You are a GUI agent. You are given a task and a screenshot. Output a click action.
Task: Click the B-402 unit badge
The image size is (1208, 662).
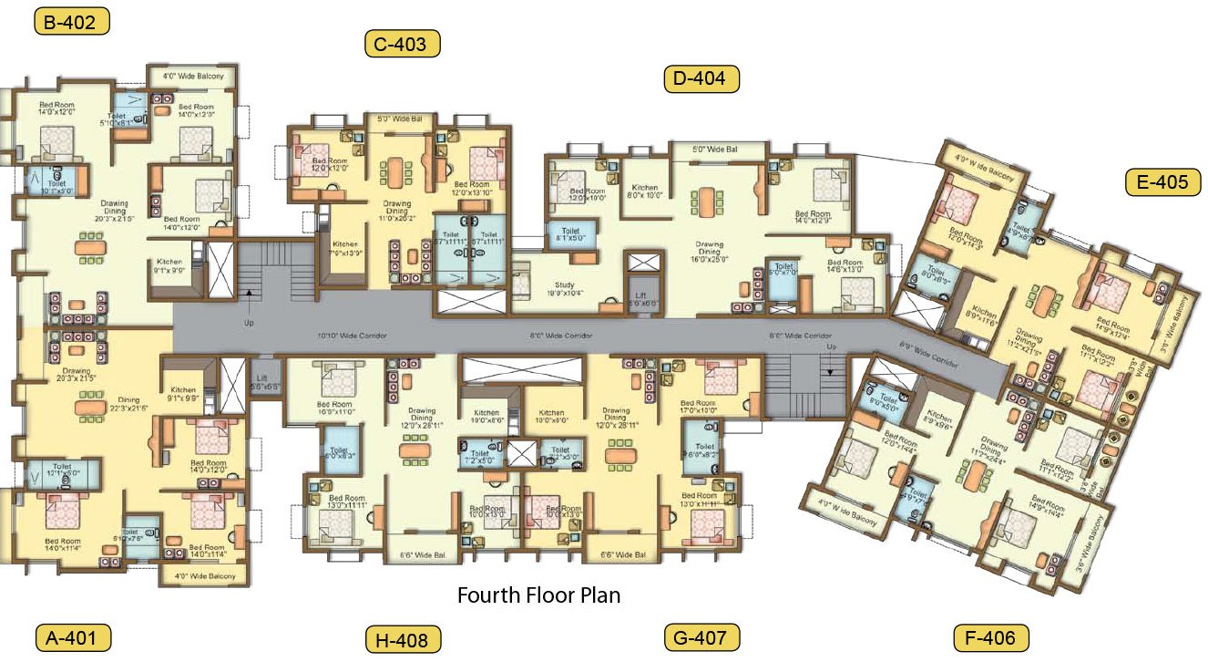pyautogui.click(x=72, y=21)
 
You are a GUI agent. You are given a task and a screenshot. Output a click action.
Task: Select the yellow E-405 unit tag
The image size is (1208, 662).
pyautogui.click(x=1162, y=182)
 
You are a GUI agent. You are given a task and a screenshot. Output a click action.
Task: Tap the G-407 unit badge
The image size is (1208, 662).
pyautogui.click(x=701, y=636)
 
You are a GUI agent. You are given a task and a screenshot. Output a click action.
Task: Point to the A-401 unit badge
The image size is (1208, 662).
pyautogui.click(x=72, y=636)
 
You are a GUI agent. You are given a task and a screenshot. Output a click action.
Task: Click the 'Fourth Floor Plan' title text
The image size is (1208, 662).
pyautogui.click(x=538, y=596)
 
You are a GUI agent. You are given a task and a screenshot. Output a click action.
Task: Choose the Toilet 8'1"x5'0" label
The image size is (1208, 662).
pyautogui.click(x=570, y=235)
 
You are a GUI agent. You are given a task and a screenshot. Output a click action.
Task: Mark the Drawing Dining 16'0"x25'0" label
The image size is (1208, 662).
pyautogui.click(x=709, y=252)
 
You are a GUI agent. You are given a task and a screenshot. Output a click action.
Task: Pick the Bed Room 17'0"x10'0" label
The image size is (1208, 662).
pyautogui.click(x=698, y=407)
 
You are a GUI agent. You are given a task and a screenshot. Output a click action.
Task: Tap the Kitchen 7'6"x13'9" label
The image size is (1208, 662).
pyautogui.click(x=345, y=247)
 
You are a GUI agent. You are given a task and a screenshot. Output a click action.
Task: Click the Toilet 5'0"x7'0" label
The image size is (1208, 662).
pyautogui.click(x=783, y=271)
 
